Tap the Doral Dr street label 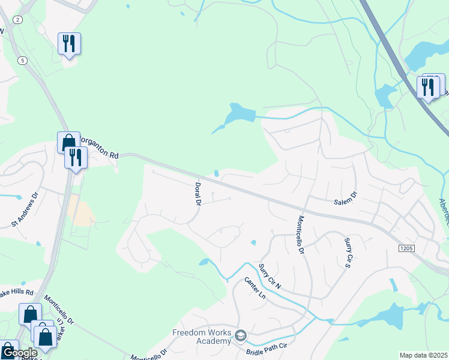click(x=196, y=194)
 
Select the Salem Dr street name click(x=345, y=199)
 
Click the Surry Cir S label click(x=348, y=251)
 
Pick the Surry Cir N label click(x=270, y=275)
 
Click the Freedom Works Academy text click(x=202, y=337)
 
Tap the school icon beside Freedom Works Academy click(x=241, y=335)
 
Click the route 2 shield click(x=17, y=20)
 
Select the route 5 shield click(x=23, y=61)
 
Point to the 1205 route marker click(x=406, y=247)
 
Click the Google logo click(x=19, y=353)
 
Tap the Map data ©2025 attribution click(x=423, y=355)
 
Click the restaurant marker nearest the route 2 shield click(x=69, y=43)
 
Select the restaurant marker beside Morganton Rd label click(x=76, y=157)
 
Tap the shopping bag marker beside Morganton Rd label click(x=68, y=142)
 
